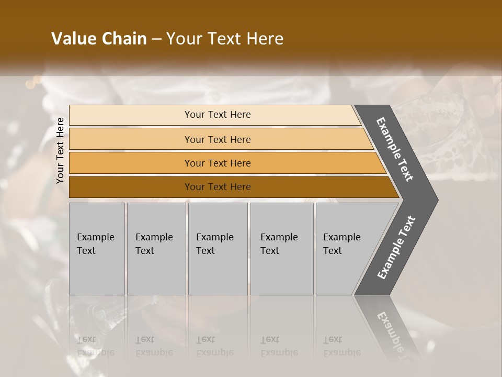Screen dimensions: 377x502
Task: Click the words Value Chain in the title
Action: click(99, 39)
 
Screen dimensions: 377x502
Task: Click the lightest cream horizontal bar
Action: click(131, 115)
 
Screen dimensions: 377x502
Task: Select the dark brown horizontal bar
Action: click(131, 187)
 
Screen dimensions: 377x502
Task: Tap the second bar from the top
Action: click(131, 139)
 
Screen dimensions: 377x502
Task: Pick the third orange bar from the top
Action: click(131, 163)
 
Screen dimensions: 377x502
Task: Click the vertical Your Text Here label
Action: click(60, 150)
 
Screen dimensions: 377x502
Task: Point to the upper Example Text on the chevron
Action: click(395, 149)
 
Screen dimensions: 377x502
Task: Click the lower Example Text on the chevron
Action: click(396, 247)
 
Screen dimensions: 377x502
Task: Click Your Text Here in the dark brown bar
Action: click(218, 187)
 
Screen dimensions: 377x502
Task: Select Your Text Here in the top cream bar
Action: click(218, 115)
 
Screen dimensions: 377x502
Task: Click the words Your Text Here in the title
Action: click(225, 39)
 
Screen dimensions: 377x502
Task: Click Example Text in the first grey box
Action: click(95, 244)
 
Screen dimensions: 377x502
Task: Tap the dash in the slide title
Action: click(156, 39)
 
